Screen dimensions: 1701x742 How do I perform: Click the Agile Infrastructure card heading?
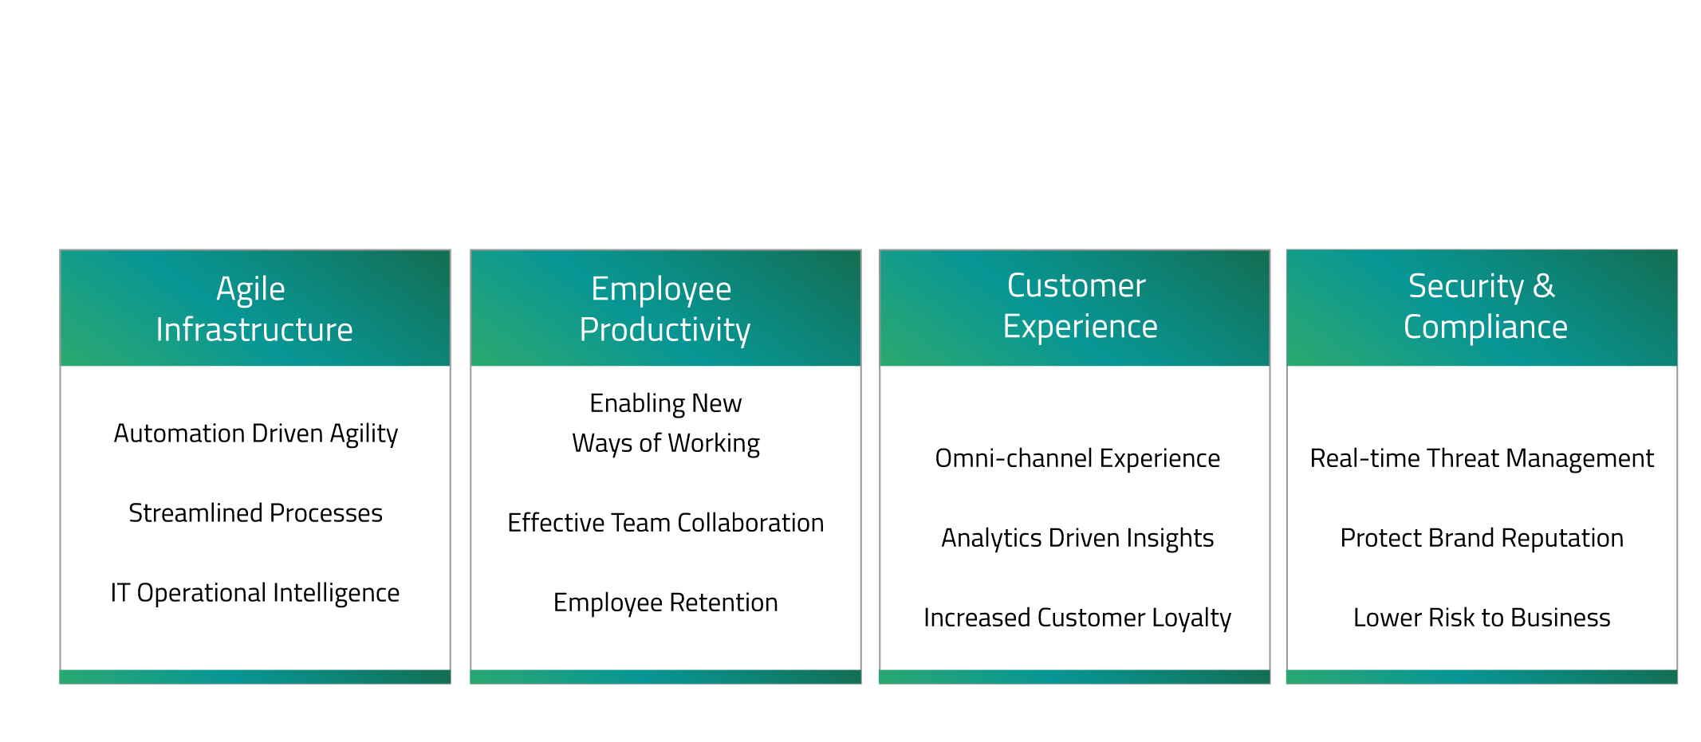[x=254, y=309]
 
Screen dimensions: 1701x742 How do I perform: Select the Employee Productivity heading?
[x=665, y=309]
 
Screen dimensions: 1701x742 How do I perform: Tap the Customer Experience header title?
[x=1080, y=306]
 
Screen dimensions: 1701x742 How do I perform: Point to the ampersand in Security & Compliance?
[x=1544, y=286]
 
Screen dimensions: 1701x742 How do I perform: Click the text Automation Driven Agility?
[x=255, y=434]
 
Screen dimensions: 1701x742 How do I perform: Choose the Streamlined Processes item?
[x=255, y=513]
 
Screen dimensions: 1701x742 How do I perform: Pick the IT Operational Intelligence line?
[x=255, y=594]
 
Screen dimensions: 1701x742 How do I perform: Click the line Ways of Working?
[x=666, y=444]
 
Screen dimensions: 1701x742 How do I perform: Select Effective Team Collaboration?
[x=666, y=523]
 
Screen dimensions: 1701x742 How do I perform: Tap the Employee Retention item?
[x=666, y=603]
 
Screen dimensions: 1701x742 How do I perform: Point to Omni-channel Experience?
[x=1077, y=458]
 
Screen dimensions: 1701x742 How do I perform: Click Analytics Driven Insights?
[x=1077, y=539]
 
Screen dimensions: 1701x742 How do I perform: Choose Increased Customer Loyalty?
[x=1077, y=618]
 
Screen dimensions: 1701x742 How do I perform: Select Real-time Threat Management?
[x=1482, y=459]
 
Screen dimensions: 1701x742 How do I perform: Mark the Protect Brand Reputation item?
[x=1482, y=539]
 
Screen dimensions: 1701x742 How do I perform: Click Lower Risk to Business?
[x=1482, y=618]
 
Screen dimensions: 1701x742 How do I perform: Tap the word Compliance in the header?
[x=1486, y=328]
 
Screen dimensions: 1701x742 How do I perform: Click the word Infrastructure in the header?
[x=254, y=330]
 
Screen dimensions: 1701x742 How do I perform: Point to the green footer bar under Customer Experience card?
[x=1074, y=677]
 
